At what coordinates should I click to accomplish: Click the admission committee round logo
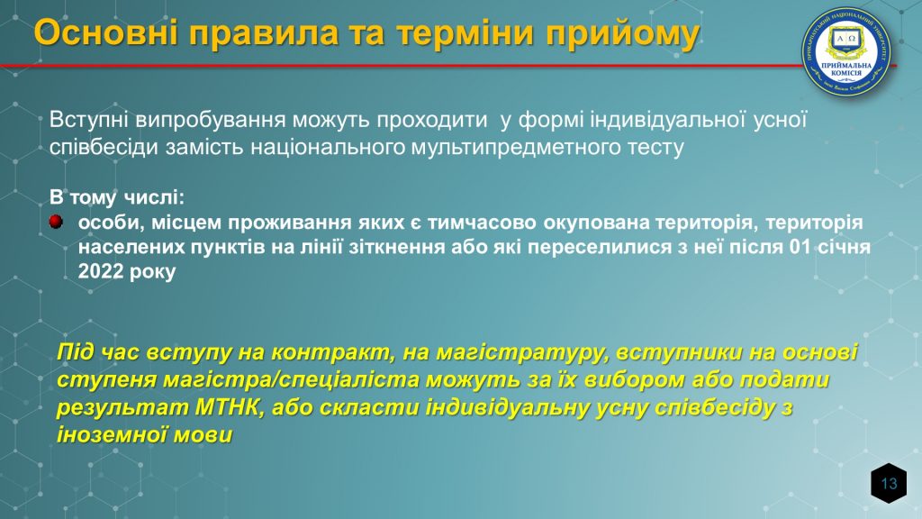tap(846, 51)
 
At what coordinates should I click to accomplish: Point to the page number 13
tap(889, 484)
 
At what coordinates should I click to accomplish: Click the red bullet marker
tap(56, 222)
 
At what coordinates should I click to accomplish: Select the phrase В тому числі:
tap(117, 197)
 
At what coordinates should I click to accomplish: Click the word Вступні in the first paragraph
tap(89, 120)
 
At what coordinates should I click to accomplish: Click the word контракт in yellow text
tap(333, 352)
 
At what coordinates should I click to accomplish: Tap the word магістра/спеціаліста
tap(291, 380)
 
